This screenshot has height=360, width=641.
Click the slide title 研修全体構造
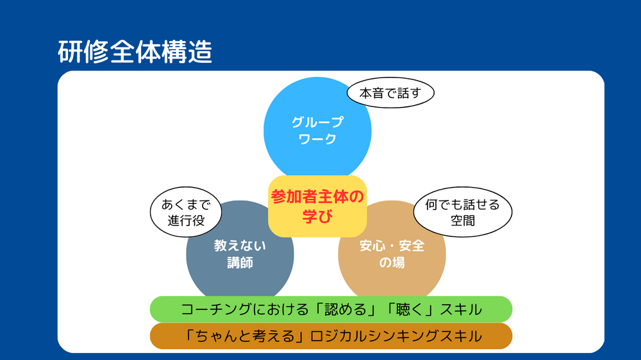coord(135,52)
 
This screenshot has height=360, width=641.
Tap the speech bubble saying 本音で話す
coord(390,93)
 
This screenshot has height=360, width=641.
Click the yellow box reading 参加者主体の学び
coord(317,206)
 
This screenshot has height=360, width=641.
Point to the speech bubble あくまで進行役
coord(186,212)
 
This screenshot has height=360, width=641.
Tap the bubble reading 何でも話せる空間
coord(463,212)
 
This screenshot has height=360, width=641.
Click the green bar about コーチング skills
coord(331,309)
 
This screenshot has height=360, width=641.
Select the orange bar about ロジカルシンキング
coord(331,336)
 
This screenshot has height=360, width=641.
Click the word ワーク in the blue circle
coord(317,140)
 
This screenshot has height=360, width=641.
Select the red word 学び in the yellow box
coord(317,216)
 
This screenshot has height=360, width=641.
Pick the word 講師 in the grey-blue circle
coord(240,263)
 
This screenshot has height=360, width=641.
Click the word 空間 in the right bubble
coord(463,220)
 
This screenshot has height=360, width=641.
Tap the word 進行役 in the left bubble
coord(186,220)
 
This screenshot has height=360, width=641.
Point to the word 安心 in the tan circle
coord(372,245)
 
